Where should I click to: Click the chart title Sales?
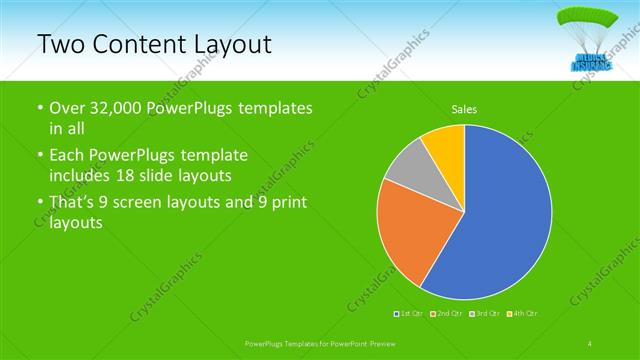[x=464, y=108]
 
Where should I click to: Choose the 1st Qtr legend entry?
[x=409, y=315]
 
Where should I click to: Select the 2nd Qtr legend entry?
[x=446, y=315]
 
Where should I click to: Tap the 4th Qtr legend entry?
[x=523, y=315]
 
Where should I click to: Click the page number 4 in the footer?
[x=590, y=343]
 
